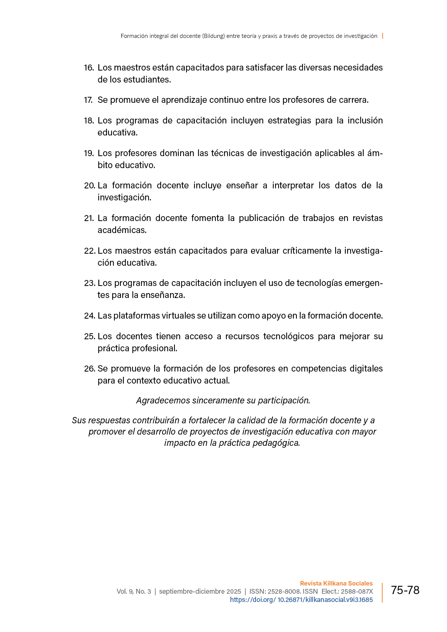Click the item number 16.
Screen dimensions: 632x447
[x=89, y=68]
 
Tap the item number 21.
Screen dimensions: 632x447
[x=89, y=218]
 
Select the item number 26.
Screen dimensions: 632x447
[x=90, y=369]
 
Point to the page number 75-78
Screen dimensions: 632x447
[x=405, y=590]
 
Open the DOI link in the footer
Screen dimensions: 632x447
[x=301, y=600]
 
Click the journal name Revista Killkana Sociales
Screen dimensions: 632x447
[x=336, y=583]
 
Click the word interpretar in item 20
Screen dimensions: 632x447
[x=293, y=185]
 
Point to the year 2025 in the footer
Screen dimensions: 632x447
[x=233, y=591]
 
